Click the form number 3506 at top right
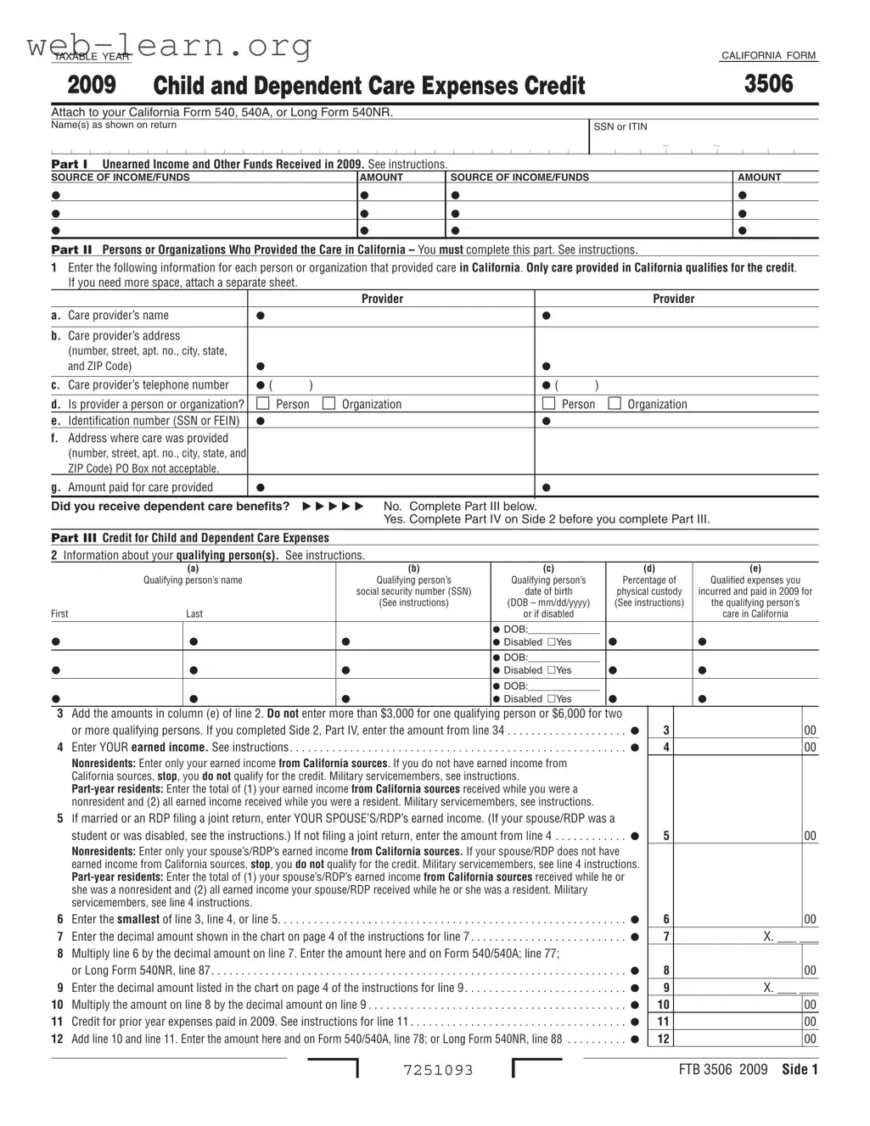(x=769, y=84)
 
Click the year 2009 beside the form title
(x=92, y=85)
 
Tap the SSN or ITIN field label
(x=620, y=126)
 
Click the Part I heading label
(x=70, y=164)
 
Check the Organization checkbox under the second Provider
(x=615, y=404)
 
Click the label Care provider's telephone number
(x=149, y=385)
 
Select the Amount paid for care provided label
(x=140, y=487)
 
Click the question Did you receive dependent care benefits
(x=170, y=507)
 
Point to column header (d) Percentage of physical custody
(x=649, y=585)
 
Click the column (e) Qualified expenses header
(x=755, y=591)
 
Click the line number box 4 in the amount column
(x=666, y=748)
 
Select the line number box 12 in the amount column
(x=664, y=1039)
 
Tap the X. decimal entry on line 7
(x=769, y=937)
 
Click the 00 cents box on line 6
(x=810, y=920)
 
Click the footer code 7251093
(x=438, y=1070)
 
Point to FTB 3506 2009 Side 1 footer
(x=748, y=1069)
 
